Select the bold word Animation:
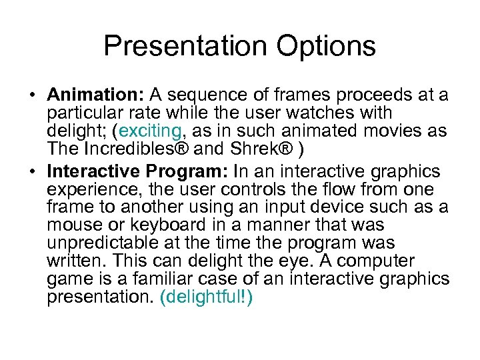[x=97, y=95]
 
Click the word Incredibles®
[x=124, y=148]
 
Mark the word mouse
[x=71, y=225]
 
